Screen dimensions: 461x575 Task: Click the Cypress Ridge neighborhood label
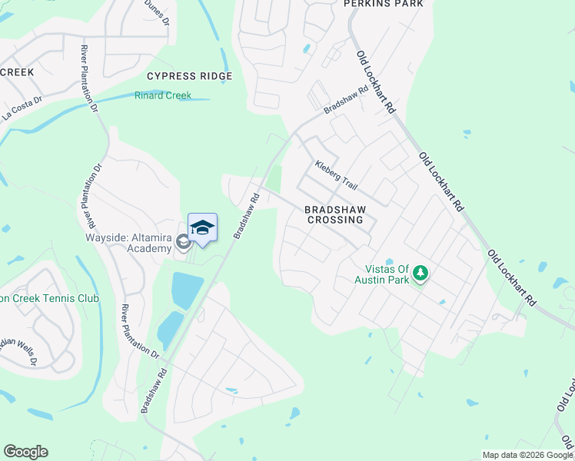tap(189, 76)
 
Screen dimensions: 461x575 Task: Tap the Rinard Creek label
tap(162, 96)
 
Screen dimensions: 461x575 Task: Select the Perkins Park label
tap(384, 4)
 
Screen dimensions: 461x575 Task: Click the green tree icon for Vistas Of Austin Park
tap(420, 273)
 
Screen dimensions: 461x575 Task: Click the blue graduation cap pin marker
tap(202, 228)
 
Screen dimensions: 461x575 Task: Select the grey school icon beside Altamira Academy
tap(183, 243)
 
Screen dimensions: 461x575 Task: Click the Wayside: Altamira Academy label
tap(128, 243)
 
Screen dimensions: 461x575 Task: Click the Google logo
tap(25, 452)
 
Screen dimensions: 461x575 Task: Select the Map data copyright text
tap(527, 455)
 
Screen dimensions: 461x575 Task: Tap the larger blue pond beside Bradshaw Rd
tap(187, 290)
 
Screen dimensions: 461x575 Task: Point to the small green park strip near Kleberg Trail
tap(272, 180)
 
